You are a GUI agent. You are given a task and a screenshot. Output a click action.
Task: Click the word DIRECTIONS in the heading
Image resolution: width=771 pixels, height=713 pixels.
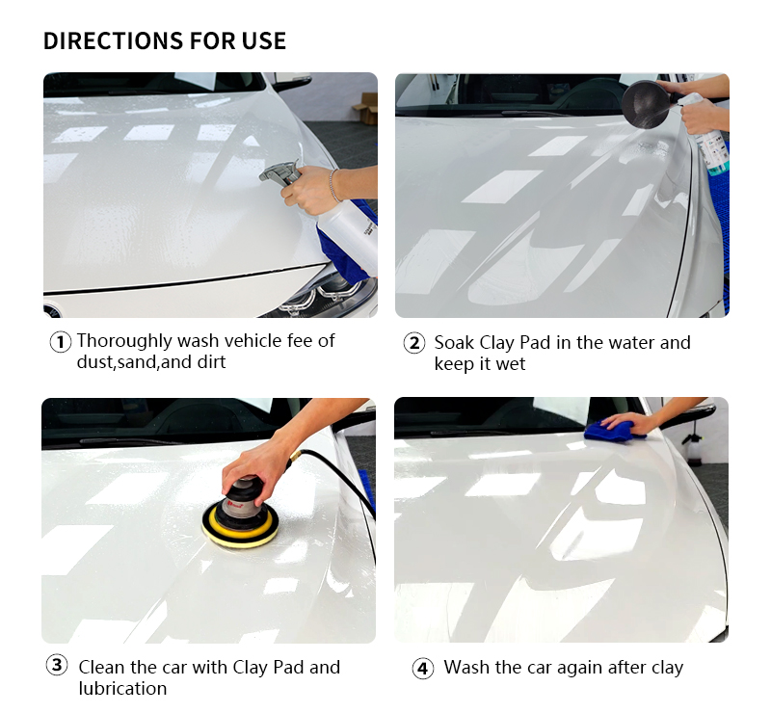click(113, 40)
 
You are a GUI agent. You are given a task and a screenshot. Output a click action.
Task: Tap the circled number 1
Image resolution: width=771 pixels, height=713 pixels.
click(61, 342)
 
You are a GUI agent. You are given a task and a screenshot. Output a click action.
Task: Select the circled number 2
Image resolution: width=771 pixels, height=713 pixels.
click(414, 343)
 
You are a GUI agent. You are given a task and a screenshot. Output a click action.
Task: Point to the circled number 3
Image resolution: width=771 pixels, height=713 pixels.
click(57, 665)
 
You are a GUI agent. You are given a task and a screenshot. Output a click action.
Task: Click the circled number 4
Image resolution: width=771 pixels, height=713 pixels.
click(422, 669)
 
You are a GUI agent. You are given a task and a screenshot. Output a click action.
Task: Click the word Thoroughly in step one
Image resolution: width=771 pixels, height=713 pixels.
click(124, 341)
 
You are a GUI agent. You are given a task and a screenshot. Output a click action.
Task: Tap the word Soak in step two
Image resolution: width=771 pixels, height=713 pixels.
click(454, 343)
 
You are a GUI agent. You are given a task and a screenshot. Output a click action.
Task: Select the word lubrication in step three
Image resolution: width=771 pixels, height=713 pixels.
click(122, 688)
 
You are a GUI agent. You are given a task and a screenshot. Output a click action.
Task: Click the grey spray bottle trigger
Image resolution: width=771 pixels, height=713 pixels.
click(279, 173)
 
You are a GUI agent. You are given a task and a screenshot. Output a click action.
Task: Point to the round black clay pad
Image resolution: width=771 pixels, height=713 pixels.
click(645, 105)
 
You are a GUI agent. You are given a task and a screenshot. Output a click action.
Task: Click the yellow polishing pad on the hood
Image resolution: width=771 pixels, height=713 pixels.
click(240, 527)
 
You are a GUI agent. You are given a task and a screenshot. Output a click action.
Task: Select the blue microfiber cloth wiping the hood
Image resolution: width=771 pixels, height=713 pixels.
click(613, 430)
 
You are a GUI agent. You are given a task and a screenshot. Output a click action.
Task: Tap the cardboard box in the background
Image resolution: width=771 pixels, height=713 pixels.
click(365, 108)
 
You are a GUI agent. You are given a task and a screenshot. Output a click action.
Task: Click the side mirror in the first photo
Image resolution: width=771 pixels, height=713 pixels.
click(293, 82)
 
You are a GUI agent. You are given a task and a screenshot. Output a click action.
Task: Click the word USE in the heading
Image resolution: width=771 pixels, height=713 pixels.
click(263, 40)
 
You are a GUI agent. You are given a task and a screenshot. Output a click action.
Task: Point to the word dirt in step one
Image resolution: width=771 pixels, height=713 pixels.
click(211, 362)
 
